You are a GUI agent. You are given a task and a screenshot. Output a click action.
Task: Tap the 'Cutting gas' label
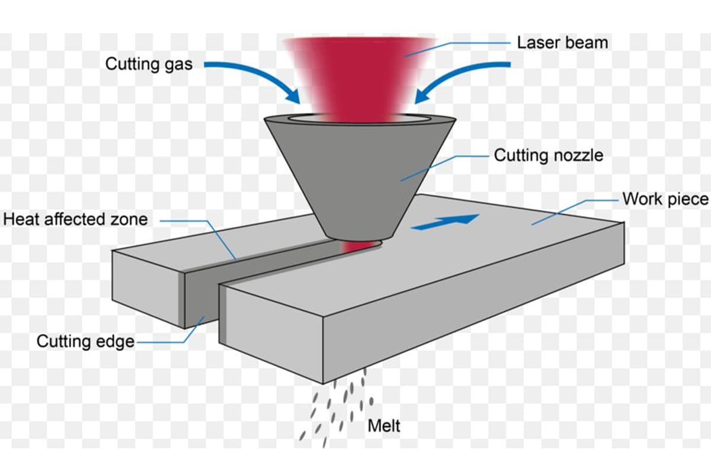pos(149,63)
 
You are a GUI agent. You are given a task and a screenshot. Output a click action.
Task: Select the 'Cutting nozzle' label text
pos(548,155)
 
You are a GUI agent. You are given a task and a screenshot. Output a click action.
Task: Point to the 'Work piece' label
pos(665,198)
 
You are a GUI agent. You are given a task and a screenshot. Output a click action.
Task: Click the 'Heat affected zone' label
pos(75,219)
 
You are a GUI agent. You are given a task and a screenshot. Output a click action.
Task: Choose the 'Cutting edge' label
pos(85,342)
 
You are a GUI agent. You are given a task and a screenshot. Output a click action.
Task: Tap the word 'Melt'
pos(384,425)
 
